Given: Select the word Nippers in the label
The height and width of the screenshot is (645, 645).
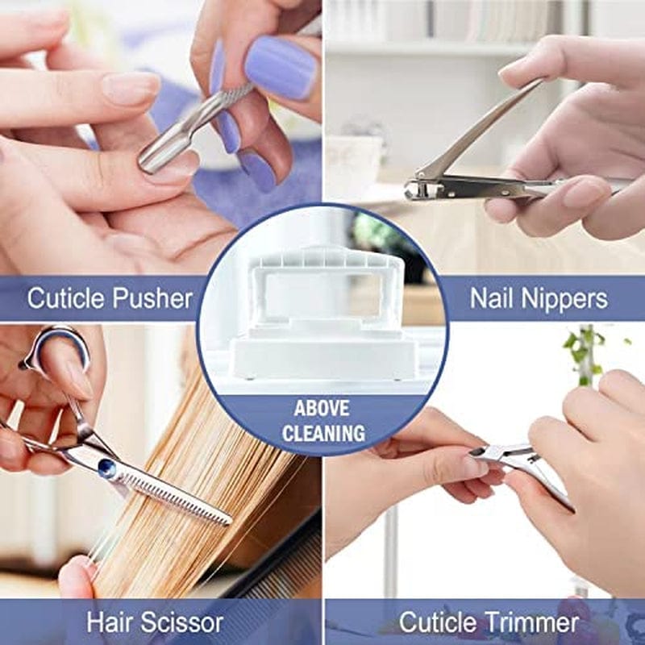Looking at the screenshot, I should coord(563,299).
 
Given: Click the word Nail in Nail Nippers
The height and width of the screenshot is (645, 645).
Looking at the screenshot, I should coord(491,299).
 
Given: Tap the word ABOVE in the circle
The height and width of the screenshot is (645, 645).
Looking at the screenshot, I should coord(323,407).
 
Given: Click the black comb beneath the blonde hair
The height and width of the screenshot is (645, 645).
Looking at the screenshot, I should coord(282,564).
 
